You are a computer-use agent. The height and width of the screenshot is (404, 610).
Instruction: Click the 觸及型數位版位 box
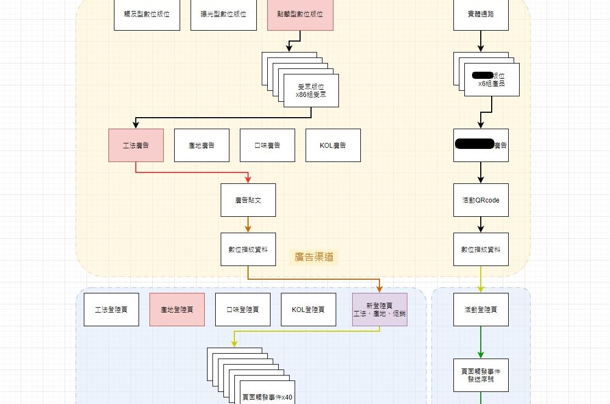tap(147, 14)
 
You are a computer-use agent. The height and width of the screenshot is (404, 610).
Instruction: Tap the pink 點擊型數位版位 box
tap(300, 14)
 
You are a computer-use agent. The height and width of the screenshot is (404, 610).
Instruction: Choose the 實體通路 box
tap(481, 14)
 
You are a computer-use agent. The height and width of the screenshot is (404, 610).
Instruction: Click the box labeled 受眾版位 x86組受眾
tap(311, 90)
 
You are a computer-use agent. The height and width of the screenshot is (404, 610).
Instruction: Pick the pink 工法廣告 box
tap(136, 145)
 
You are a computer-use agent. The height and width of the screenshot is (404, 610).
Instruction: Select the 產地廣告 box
tap(202, 145)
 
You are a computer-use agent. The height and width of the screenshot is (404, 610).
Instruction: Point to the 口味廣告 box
tap(267, 145)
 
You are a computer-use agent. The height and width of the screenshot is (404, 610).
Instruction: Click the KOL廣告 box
tap(333, 145)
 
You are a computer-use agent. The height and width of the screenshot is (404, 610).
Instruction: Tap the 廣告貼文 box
tap(248, 200)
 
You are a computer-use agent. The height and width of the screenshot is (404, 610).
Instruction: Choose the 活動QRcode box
tap(481, 200)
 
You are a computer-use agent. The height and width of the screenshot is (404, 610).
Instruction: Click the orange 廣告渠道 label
tap(314, 257)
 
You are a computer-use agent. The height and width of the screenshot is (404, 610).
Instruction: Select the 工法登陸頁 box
tap(111, 309)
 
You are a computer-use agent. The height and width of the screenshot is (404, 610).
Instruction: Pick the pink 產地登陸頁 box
tap(177, 309)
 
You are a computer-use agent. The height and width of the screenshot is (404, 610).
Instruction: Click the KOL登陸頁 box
tap(308, 309)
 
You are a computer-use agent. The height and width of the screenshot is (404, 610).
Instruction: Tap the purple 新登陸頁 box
tap(379, 309)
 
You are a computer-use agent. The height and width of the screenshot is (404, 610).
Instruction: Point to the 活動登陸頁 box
tap(481, 309)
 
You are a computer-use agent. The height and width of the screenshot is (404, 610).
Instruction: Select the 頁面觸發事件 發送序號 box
tap(481, 375)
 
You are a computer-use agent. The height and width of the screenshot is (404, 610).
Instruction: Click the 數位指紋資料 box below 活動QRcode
tap(481, 249)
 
